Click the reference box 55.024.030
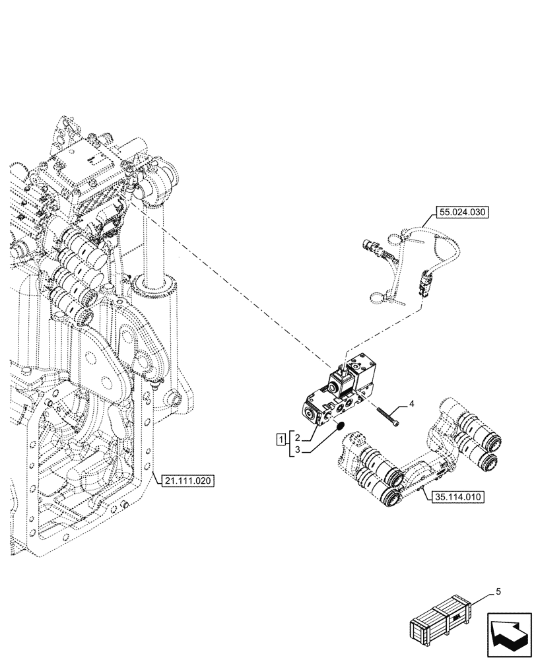[x=461, y=213]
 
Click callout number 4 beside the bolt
[x=412, y=403]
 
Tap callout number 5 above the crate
[x=498, y=592]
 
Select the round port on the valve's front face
[x=310, y=414]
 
